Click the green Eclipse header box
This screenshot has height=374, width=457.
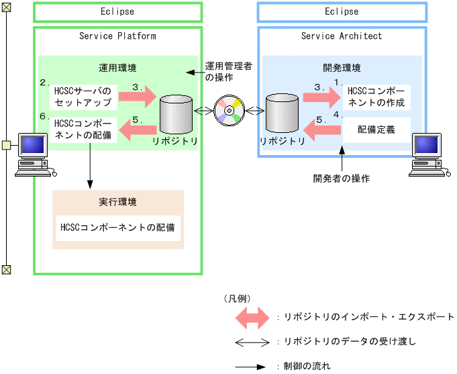point(117,11)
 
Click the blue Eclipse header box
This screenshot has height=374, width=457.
point(341,11)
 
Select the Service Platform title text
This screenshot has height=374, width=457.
point(117,36)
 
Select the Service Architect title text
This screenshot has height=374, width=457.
point(341,36)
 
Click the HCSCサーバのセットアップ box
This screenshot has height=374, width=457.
point(84,96)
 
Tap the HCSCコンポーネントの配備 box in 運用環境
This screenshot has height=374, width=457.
point(84,130)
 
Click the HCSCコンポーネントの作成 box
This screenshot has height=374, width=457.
point(376,97)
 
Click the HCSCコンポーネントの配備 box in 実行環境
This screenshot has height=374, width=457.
point(117,227)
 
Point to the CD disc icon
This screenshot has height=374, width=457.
point(228,110)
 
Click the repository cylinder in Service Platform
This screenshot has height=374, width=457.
point(176,114)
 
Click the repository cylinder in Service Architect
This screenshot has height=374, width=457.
point(282,114)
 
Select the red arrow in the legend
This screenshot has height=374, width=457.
point(252,317)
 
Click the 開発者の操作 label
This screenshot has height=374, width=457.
point(342,179)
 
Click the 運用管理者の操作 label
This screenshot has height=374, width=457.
point(228,71)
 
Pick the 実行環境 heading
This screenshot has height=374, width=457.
point(117,202)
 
